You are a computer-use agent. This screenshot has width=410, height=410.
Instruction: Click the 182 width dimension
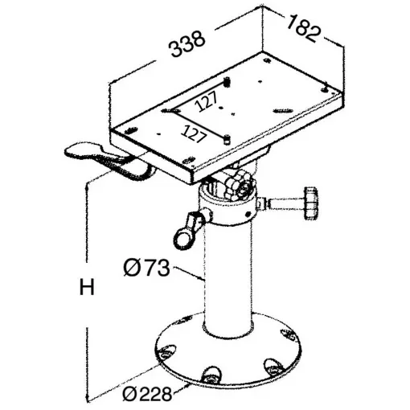coord(305,27)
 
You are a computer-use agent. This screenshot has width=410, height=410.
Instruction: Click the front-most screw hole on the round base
coord(212,374)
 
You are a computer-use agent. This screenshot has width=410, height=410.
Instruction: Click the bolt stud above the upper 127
coord(228,82)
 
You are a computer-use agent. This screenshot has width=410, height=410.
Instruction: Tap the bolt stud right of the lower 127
coord(228,138)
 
